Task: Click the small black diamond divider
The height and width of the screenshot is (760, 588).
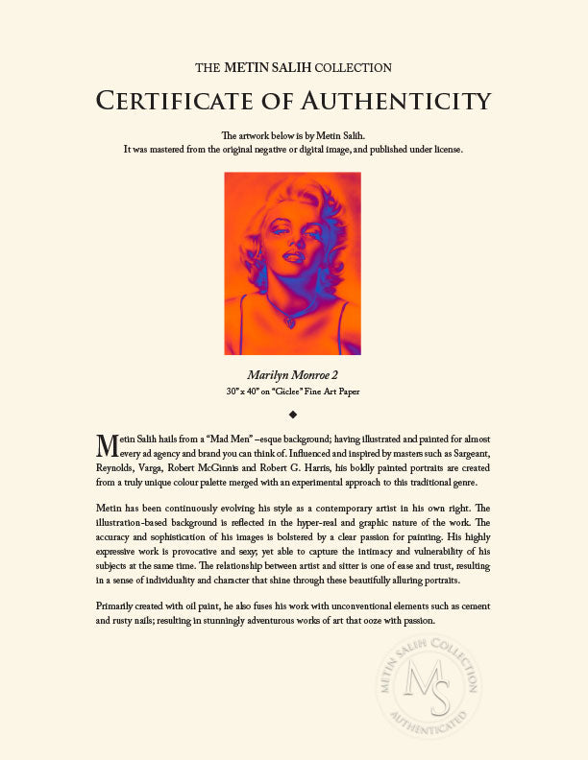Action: pos(293,415)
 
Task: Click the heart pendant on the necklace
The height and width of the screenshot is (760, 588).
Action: pos(289,322)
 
